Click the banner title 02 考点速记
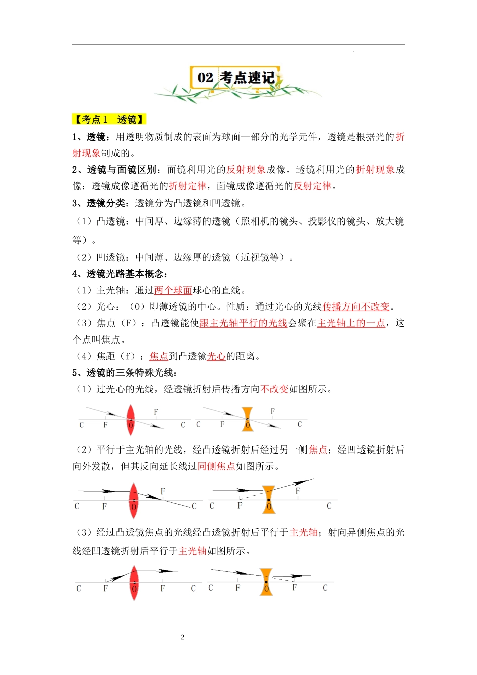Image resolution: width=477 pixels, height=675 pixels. [235, 78]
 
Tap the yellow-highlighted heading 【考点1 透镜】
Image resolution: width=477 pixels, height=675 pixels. [109, 119]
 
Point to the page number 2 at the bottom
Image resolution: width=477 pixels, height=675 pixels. [182, 637]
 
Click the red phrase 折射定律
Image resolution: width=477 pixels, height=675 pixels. [187, 186]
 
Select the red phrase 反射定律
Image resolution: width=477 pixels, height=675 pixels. [312, 186]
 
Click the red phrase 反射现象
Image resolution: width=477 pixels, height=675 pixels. [246, 170]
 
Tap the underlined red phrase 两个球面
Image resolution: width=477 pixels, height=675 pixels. [173, 290]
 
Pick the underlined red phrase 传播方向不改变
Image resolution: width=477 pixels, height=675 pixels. [356, 307]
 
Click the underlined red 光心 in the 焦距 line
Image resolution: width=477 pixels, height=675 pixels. [216, 356]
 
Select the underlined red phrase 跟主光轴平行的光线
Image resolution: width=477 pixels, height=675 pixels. [243, 323]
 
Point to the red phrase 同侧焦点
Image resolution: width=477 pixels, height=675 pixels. [216, 466]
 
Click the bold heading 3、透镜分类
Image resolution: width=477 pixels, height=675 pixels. [99, 203]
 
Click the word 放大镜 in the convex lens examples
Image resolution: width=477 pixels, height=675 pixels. [389, 221]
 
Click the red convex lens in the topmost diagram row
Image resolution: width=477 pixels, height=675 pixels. [131, 420]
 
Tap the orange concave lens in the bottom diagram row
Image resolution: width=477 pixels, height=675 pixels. [266, 582]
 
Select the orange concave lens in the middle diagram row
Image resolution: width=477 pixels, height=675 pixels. [269, 500]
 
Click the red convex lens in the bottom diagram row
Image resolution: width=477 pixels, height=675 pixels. [134, 583]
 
